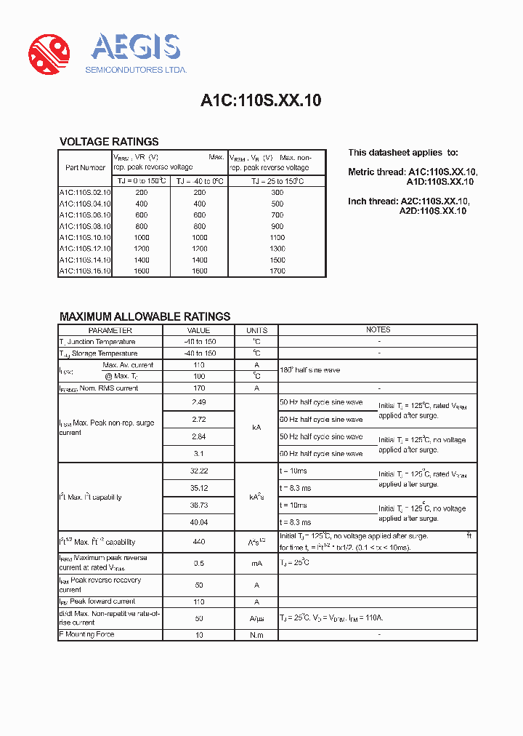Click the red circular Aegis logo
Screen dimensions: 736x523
[49, 54]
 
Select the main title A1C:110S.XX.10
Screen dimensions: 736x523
[261, 101]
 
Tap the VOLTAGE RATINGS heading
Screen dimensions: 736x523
[109, 142]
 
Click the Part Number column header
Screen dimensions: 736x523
[85, 167]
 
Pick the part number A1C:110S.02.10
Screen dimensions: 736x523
[85, 193]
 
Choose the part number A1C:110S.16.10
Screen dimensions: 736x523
[85, 271]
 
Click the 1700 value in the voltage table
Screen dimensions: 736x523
[277, 271]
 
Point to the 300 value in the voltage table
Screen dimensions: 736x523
[277, 193]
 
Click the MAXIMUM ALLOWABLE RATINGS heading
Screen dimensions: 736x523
[145, 316]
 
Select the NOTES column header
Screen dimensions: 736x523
[378, 330]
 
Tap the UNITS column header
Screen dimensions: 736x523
[256, 330]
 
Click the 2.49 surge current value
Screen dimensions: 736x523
[198, 402]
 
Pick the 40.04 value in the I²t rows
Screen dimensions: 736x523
[198, 522]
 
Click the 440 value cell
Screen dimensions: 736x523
[198, 542]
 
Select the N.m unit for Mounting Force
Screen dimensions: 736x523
[256, 635]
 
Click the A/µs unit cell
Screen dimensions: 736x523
[256, 617]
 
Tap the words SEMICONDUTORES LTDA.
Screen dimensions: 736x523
[137, 70]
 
